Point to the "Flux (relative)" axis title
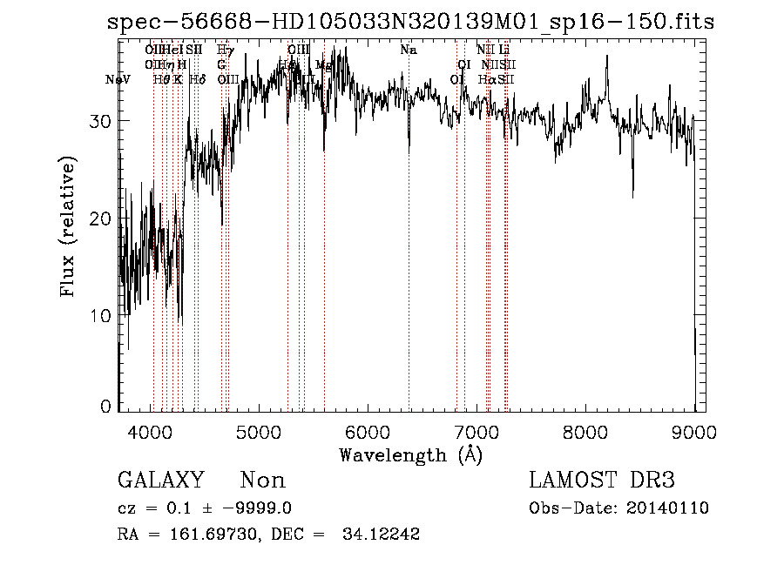[68, 226]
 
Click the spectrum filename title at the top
[410, 24]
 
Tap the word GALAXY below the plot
[161, 481]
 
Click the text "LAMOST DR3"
[602, 481]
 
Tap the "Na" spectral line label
[409, 50]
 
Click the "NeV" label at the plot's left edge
[118, 80]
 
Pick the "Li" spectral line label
[504, 50]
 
